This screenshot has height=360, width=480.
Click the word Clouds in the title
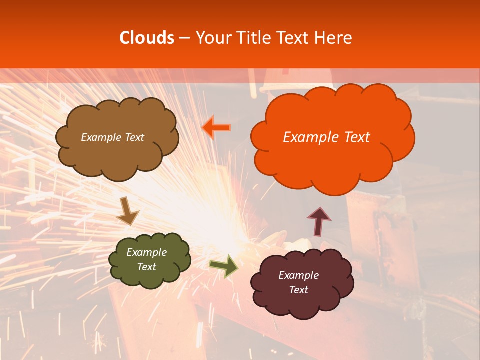coord(146,38)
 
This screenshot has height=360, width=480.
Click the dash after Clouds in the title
coord(184,38)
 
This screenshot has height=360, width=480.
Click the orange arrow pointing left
coord(217,128)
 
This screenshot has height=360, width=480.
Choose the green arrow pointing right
coord(224,266)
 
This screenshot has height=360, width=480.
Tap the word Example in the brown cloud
coord(100,137)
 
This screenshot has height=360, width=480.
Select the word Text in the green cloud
coord(147,267)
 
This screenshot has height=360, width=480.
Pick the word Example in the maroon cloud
coord(298,275)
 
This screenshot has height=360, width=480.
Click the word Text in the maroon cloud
coord(298,290)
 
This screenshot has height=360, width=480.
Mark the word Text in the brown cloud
coord(133,137)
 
